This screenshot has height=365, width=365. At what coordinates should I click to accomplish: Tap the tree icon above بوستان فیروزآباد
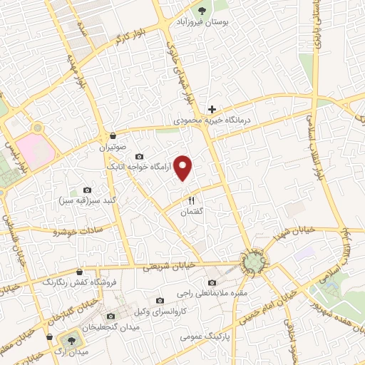pyautogui.click(x=203, y=11)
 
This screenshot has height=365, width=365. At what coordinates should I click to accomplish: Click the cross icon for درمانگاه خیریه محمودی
pyautogui.click(x=211, y=109)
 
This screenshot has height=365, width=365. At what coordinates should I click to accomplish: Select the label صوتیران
pyautogui.click(x=113, y=149)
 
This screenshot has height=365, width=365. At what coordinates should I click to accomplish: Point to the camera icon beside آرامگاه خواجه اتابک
pyautogui.click(x=138, y=156)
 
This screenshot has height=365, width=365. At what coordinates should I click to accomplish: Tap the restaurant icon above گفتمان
pyautogui.click(x=190, y=200)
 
